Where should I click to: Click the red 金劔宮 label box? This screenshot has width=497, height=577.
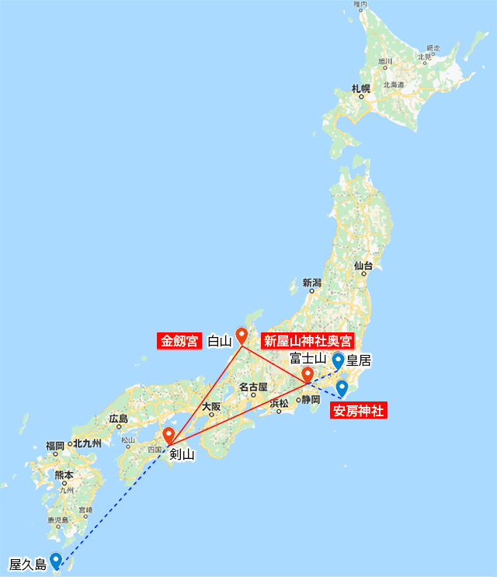point(179,341)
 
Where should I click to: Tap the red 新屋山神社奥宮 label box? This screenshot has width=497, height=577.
point(308,341)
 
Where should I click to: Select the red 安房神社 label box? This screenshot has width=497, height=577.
point(358,411)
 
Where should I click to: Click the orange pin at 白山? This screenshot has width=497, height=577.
point(242,336)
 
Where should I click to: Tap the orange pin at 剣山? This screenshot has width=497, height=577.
point(169,435)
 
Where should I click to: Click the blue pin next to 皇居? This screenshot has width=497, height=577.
point(338,360)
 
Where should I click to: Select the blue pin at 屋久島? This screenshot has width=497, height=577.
point(56,561)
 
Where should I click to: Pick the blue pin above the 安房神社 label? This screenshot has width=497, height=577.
point(342,388)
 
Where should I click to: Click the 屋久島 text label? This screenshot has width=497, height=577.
point(25,563)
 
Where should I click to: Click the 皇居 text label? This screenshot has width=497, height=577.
point(360,360)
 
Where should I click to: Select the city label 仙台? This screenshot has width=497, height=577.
point(363,266)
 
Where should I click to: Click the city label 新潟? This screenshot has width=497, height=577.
point(312,283)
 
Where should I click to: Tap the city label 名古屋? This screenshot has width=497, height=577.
point(253,387)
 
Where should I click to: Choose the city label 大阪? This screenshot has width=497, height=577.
point(211,406)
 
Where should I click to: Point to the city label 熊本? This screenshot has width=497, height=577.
point(64,474)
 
